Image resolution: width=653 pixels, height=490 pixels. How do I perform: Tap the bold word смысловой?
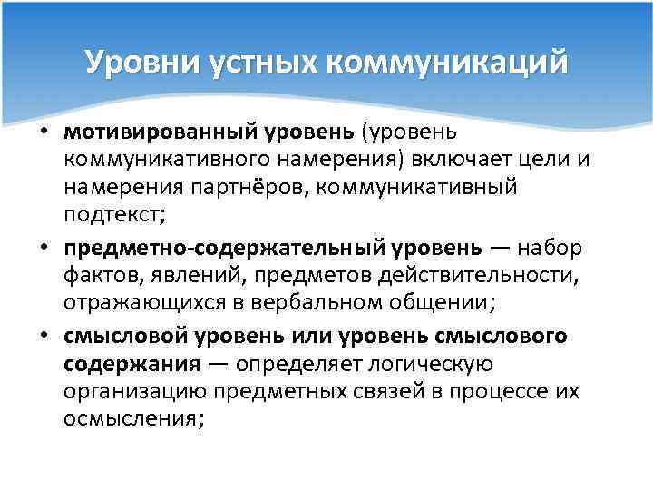tap(122, 336)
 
